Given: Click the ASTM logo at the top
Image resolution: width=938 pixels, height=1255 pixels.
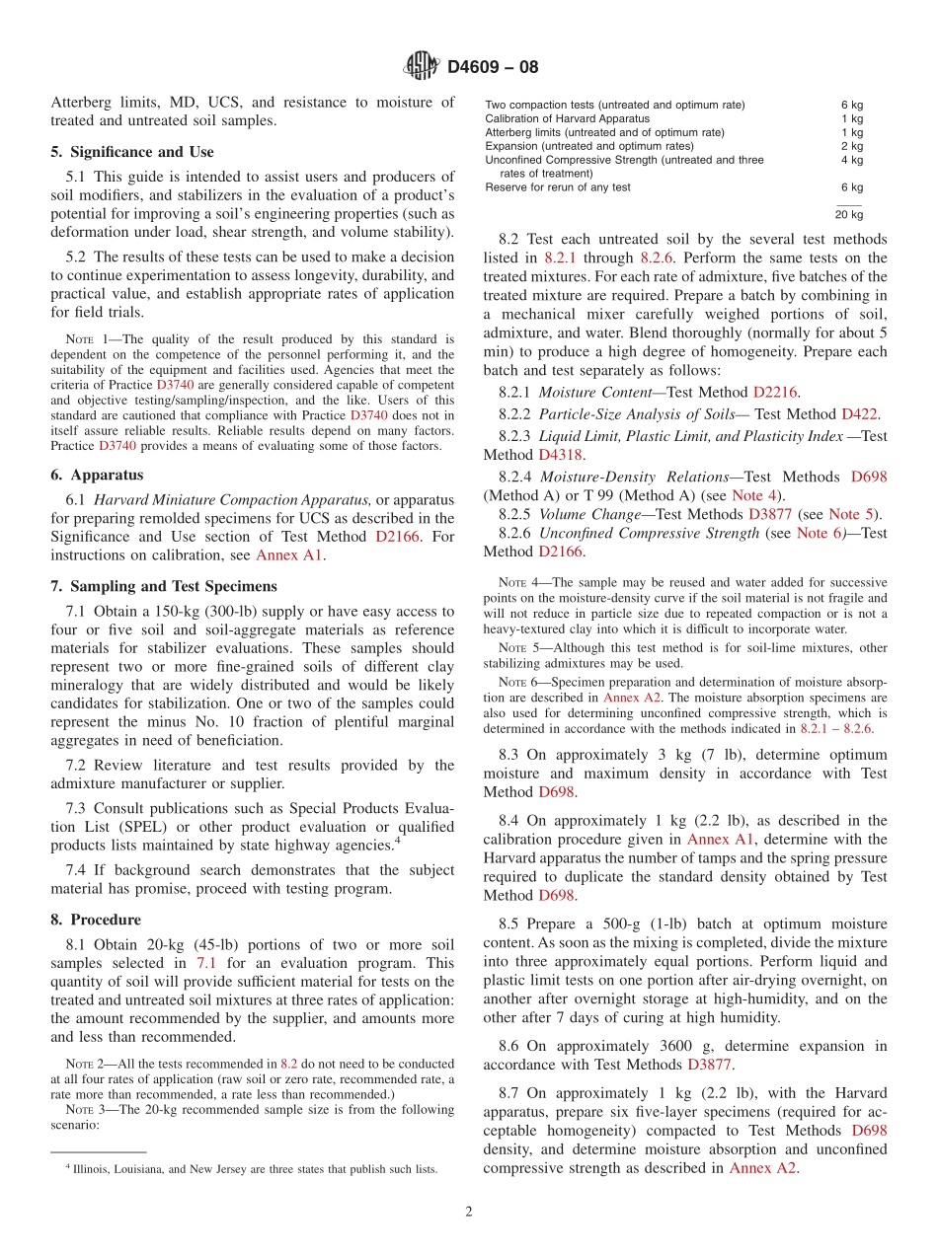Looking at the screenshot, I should pyautogui.click(x=421, y=67).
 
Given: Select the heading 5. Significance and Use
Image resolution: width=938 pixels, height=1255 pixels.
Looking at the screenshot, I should pyautogui.click(x=131, y=152).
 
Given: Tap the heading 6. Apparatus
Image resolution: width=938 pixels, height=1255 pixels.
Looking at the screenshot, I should pyautogui.click(x=97, y=475).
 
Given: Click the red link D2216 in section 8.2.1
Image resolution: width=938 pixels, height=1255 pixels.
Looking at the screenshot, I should pyautogui.click(x=775, y=392).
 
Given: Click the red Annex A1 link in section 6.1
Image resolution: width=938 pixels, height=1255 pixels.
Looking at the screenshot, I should pyautogui.click(x=289, y=555).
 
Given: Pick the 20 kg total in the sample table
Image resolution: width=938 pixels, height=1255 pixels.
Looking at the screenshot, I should pyautogui.click(x=848, y=214).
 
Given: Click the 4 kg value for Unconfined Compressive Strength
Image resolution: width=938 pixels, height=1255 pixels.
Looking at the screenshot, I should pyautogui.click(x=852, y=160).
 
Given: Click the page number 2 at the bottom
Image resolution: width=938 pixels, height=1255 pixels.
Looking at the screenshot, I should pyautogui.click(x=469, y=1212).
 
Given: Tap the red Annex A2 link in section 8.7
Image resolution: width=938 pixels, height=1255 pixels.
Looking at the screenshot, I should pyautogui.click(x=763, y=1168).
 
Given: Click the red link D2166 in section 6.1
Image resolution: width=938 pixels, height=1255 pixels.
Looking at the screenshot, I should pyautogui.click(x=397, y=537).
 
